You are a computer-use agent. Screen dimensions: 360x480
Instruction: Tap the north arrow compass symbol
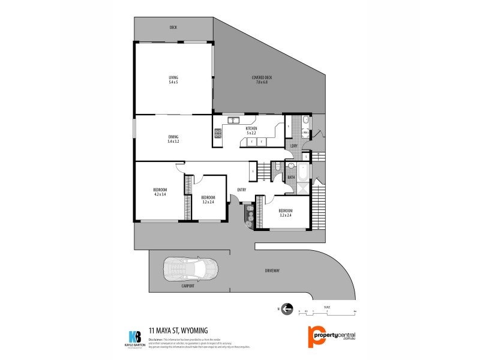[x=287, y=309]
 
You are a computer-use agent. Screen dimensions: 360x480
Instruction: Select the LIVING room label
[x=173, y=77]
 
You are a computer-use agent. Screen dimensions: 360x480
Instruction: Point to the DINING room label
[x=173, y=137]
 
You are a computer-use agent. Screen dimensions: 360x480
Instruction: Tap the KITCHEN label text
[x=251, y=128]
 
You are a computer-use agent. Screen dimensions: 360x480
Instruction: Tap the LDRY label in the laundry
[x=293, y=145]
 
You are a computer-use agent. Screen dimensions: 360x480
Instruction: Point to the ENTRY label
[x=242, y=191]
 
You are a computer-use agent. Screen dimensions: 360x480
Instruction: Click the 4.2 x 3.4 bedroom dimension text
[x=160, y=194]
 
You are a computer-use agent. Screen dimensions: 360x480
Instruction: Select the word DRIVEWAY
[x=272, y=271]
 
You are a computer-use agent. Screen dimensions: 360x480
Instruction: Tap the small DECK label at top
[x=173, y=27]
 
